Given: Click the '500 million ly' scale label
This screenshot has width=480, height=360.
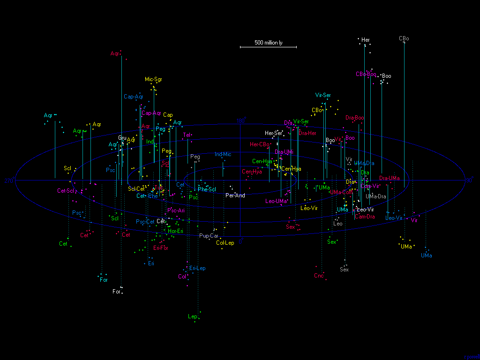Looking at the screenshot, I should [269, 43].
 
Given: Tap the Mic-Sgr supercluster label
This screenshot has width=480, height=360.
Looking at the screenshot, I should [153, 79].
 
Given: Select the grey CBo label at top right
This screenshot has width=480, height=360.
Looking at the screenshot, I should [404, 38].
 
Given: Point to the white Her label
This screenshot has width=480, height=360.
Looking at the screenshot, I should [366, 40].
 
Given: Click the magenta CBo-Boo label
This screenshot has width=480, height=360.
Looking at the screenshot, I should [366, 74].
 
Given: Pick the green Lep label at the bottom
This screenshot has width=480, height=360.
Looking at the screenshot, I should [192, 316].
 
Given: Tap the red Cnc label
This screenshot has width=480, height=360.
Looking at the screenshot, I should [319, 276].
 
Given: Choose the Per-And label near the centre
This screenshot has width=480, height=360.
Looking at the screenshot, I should [235, 195].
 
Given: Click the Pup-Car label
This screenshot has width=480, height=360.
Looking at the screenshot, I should [209, 236].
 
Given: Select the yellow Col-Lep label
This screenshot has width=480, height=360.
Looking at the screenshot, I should [225, 243].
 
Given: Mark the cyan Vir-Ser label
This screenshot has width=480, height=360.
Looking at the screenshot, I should [323, 95].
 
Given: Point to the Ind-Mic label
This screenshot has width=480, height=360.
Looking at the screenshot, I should [223, 154].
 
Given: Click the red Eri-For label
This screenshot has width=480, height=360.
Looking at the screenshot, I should [161, 248].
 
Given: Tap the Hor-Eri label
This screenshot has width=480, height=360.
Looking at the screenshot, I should [175, 231].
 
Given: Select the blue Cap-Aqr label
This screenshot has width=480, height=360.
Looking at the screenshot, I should [134, 97].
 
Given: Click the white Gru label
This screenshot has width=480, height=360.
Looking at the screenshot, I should [122, 138].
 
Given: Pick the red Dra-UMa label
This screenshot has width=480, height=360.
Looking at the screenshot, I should [390, 178].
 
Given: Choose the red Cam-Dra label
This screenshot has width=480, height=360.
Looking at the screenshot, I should [365, 217].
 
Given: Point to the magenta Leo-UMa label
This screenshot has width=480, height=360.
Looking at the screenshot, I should [276, 201].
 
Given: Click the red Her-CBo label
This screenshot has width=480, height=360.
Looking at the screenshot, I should [260, 144].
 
